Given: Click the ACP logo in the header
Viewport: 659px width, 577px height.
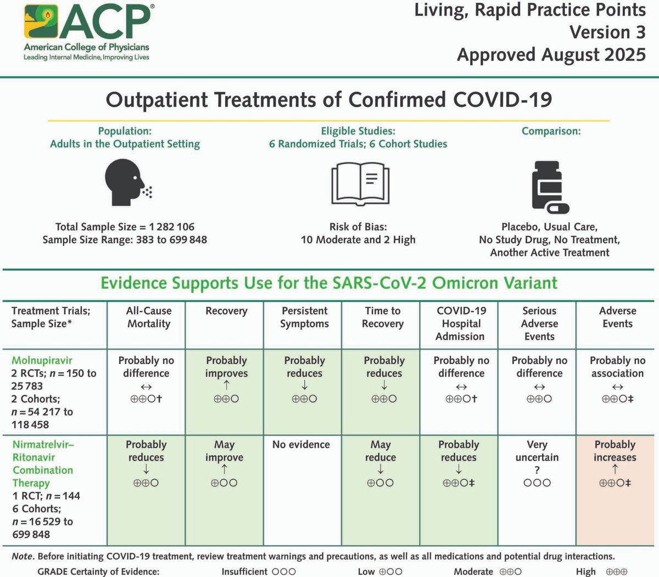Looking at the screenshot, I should click(87, 32).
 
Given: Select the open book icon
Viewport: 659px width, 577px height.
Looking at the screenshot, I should click(360, 183).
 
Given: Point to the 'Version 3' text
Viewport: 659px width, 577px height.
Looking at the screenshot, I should click(607, 32).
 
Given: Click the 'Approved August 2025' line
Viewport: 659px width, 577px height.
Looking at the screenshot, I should click(551, 55).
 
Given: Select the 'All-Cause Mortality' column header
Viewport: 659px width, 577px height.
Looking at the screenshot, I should click(149, 317).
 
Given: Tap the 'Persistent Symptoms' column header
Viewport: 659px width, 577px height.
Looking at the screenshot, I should click(304, 317).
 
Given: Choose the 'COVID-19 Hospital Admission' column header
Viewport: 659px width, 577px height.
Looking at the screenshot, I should click(461, 323).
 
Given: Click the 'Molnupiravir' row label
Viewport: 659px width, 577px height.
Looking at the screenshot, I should click(42, 361).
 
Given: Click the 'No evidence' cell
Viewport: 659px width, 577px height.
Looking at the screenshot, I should click(301, 445).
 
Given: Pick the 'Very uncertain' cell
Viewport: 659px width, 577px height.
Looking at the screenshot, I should click(537, 451).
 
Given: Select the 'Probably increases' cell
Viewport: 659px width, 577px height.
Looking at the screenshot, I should click(615, 451).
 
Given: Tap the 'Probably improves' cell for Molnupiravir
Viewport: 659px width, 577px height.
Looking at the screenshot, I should click(226, 367).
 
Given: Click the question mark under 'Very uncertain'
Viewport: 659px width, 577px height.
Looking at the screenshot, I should click(537, 470).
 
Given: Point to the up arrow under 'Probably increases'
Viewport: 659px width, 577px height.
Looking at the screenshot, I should click(615, 470).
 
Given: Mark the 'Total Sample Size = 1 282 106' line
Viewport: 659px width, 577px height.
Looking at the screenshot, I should click(125, 227).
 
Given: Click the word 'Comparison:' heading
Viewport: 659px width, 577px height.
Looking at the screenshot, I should click(551, 131).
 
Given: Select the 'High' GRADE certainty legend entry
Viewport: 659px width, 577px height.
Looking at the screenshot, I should click(601, 572).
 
